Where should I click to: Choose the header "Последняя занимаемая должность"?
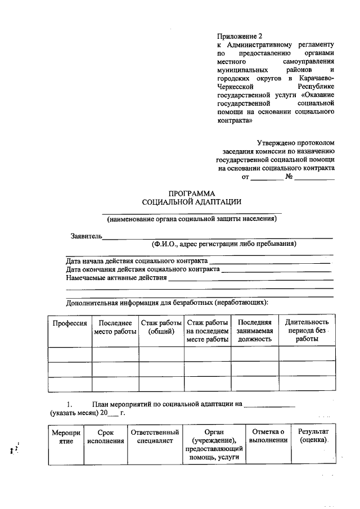click(255, 331)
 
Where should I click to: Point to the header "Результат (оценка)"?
click(313, 436)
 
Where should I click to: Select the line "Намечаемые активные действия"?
click(116, 278)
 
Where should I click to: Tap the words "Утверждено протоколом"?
click(295, 143)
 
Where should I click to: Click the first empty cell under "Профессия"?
click(70, 355)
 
